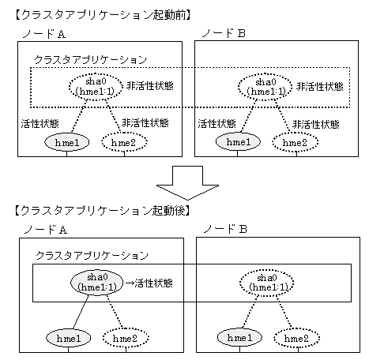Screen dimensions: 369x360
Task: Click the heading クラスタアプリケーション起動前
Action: pyautogui.click(x=103, y=15)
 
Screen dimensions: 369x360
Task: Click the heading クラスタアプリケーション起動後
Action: pyautogui.click(x=102, y=211)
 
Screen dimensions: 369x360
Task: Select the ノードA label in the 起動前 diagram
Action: pyautogui.click(x=44, y=34)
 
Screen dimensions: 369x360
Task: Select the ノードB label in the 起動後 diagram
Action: pyautogui.click(x=225, y=229)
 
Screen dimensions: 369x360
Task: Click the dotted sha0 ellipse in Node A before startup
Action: pyautogui.click(x=96, y=87)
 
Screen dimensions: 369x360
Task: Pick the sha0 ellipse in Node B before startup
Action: pyautogui.click(x=265, y=87)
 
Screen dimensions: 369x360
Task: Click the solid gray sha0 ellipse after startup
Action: pyautogui.click(x=97, y=282)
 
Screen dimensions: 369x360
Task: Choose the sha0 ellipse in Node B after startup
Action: pyautogui.click(x=266, y=283)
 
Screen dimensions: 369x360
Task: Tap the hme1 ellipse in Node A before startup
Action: pyautogui.click(x=67, y=142)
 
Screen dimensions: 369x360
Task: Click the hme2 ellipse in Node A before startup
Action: pyautogui.click(x=124, y=142)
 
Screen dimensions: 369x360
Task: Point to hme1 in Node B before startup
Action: pyautogui.click(x=238, y=141)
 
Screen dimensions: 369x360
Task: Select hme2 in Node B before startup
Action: pyautogui.click(x=296, y=142)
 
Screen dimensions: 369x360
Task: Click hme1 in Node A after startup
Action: pyautogui.click(x=69, y=338)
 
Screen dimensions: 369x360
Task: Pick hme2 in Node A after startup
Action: pyautogui.click(x=126, y=338)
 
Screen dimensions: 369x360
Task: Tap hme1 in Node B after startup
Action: pyautogui.click(x=239, y=338)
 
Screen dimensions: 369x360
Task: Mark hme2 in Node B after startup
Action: pyautogui.click(x=297, y=338)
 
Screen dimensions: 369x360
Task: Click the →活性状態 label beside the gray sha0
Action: pyautogui.click(x=149, y=283)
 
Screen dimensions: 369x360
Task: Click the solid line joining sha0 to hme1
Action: pyautogui.click(x=81, y=312)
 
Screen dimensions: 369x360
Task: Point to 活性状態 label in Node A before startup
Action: pyautogui.click(x=40, y=123)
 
